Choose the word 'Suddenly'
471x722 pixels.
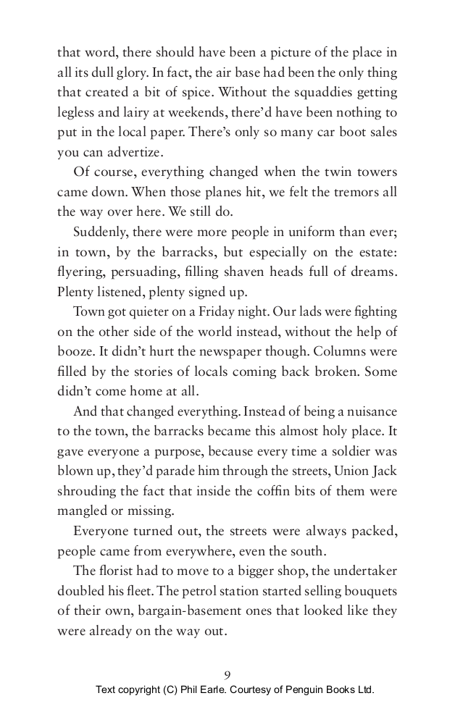coord(100,232)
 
